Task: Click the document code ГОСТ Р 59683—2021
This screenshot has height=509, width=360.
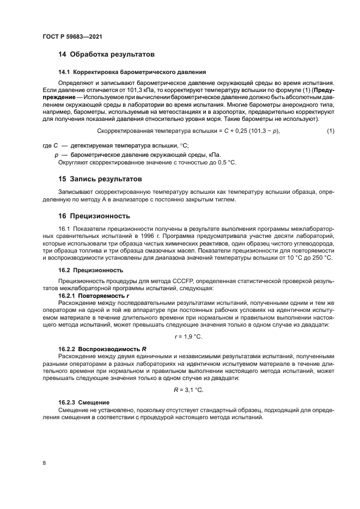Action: tap(72, 36)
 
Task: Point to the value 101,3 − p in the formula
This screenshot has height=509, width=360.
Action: tap(265, 131)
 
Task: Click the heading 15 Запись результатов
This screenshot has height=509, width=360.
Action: tap(100, 179)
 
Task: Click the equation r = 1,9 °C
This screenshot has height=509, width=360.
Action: tap(188, 337)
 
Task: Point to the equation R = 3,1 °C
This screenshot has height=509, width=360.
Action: tap(188, 390)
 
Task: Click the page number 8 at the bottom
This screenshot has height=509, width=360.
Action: tap(44, 463)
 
